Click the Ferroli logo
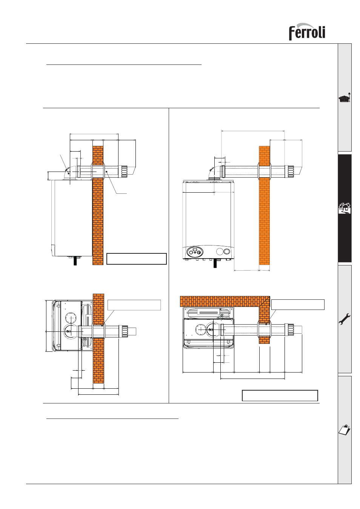pos(307,32)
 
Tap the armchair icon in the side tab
pos(345,98)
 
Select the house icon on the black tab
pos(345,208)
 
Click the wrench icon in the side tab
pos(345,319)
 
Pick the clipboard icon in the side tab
pos(345,430)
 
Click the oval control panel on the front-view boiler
pos(195,252)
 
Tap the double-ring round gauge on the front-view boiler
pos(227,251)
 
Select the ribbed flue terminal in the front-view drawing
pos(290,172)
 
